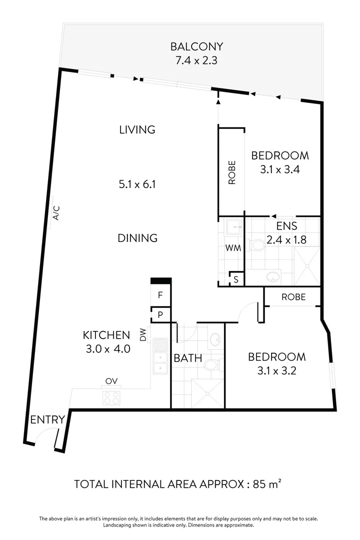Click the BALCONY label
pyautogui.click(x=196, y=47)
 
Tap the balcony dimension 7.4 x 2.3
pyautogui.click(x=196, y=61)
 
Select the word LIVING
pyautogui.click(x=137, y=129)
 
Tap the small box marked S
pyautogui.click(x=236, y=279)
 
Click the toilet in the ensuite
pyautogui.click(x=257, y=245)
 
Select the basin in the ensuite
pyautogui.click(x=273, y=276)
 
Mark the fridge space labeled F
pyautogui.click(x=160, y=295)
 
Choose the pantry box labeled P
pyautogui.click(x=160, y=314)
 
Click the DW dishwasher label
pyautogui.click(x=143, y=334)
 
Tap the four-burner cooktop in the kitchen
pyautogui.click(x=111, y=398)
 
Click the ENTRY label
pyautogui.click(x=47, y=419)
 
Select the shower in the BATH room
pyautogui.click(x=207, y=394)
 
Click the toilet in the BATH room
pyautogui.click(x=211, y=365)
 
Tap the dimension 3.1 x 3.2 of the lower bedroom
pyautogui.click(x=276, y=371)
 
